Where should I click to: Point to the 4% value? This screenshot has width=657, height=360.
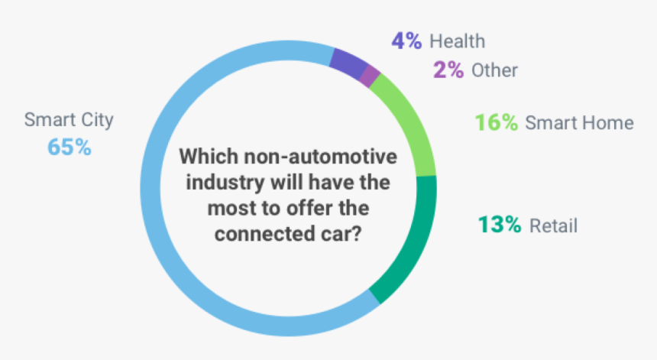click(406, 41)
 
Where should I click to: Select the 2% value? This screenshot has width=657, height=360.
click(448, 70)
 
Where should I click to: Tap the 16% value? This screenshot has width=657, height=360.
click(497, 122)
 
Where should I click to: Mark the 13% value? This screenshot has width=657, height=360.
click(500, 225)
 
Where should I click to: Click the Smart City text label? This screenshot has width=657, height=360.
click(69, 119)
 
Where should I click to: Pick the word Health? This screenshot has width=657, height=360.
click(457, 41)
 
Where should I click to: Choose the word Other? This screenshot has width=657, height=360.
click(494, 70)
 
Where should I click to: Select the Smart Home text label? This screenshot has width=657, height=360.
click(579, 122)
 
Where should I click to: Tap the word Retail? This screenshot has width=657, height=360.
click(553, 225)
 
